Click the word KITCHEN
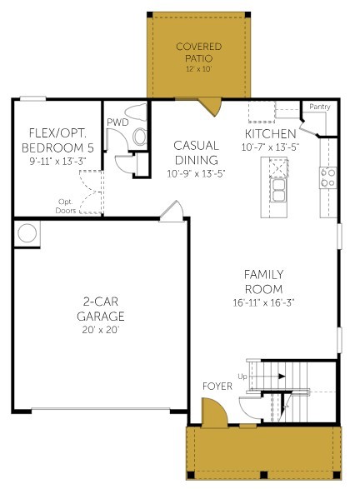tap(270, 134)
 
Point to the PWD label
tap(117, 122)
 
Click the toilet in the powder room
tap(140, 135)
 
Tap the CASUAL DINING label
tap(196, 152)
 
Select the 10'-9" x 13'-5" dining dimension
tap(196, 174)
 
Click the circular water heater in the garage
tap(27, 233)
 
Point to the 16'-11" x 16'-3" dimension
tap(263, 302)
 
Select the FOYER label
tap(217, 387)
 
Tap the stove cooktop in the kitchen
tap(328, 176)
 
